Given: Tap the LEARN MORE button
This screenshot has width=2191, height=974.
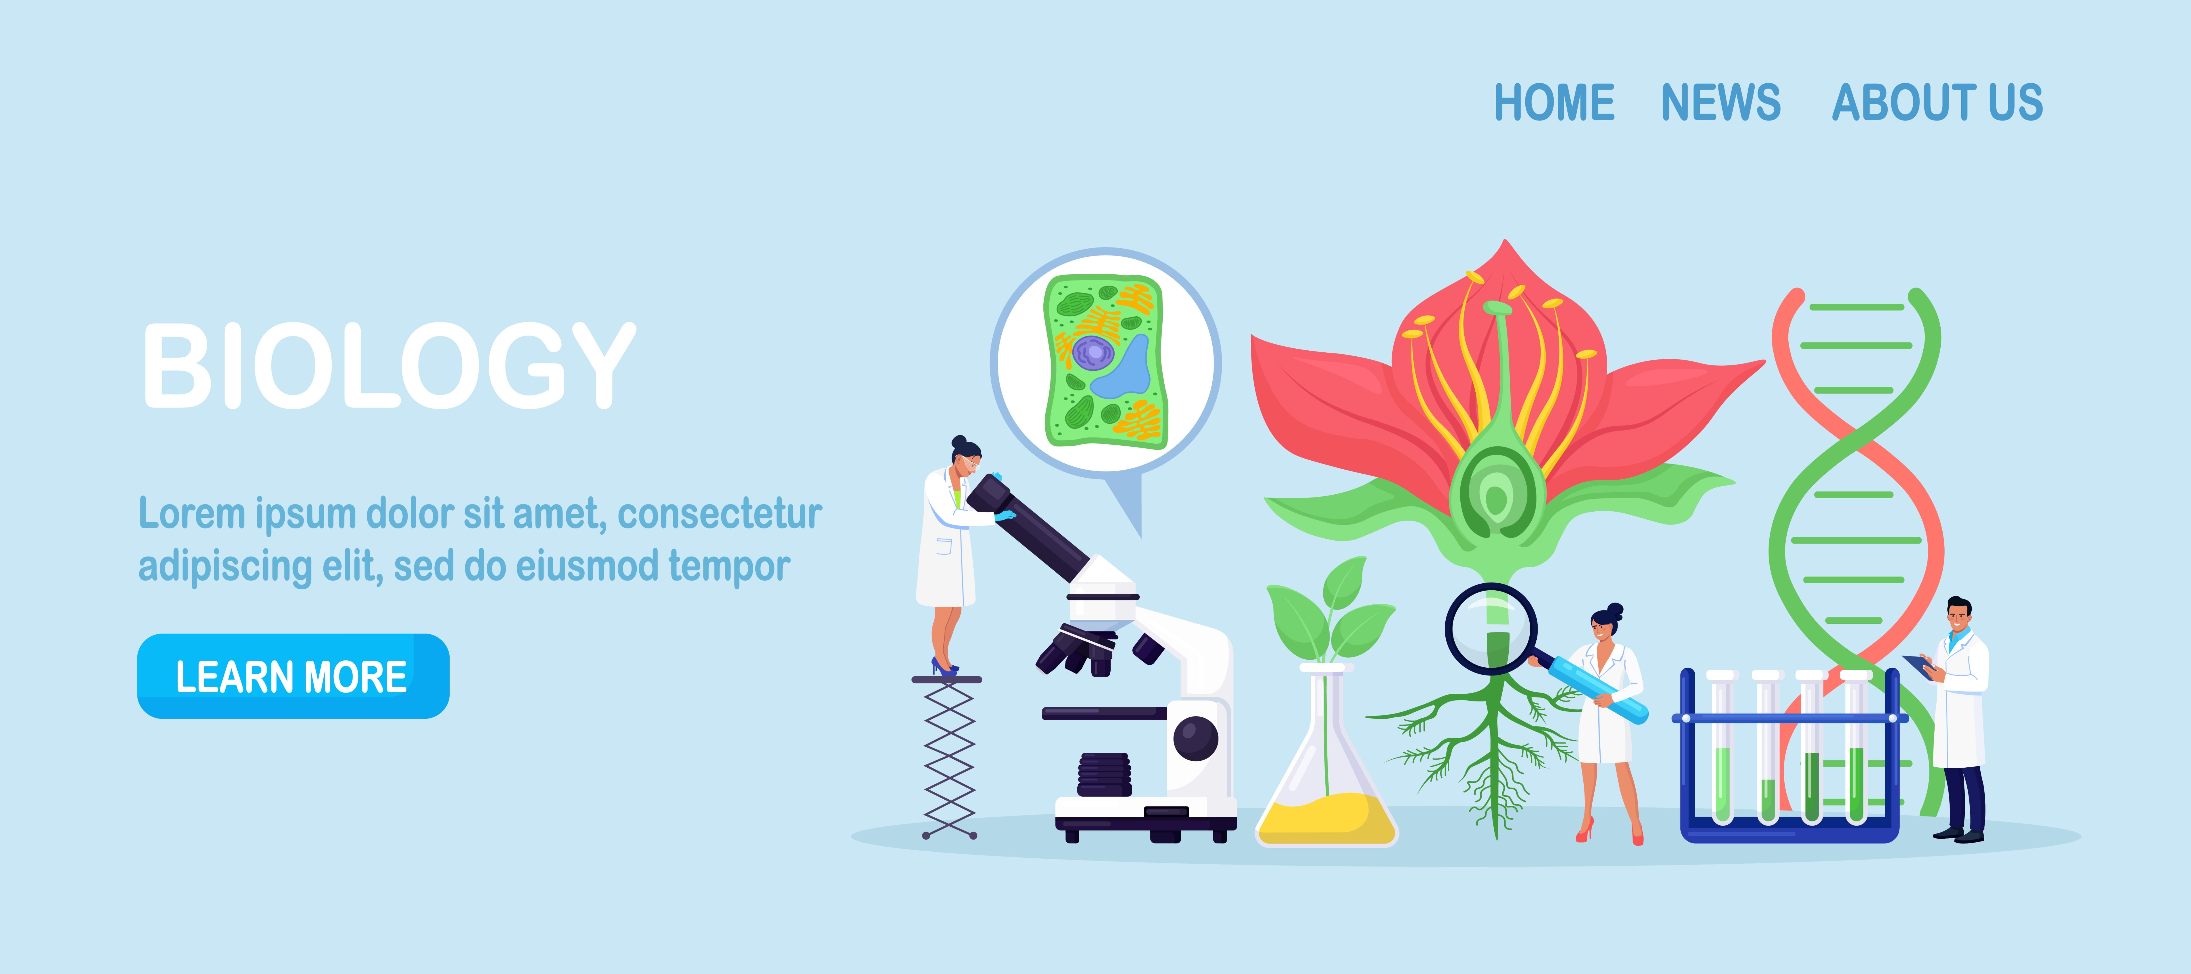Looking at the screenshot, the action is pos(293,676).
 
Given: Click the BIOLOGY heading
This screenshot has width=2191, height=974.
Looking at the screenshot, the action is pos(389,366).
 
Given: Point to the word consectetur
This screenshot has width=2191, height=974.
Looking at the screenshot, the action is pos(719,514).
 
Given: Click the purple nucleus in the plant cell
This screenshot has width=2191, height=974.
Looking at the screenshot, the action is pos(1093,351).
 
